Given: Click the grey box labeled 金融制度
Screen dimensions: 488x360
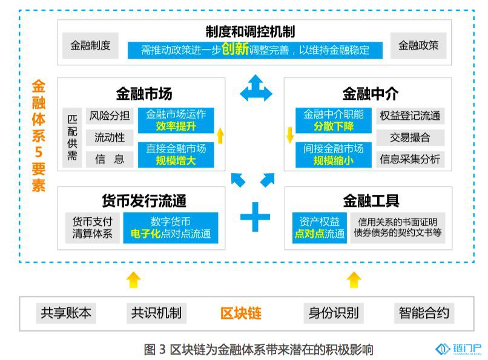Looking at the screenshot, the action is tap(90, 45).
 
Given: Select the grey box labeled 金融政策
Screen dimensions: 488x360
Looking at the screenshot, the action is tap(418, 45).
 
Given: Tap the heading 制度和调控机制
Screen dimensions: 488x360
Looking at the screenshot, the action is tap(250, 31).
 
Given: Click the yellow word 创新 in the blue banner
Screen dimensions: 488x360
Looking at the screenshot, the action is tap(235, 49).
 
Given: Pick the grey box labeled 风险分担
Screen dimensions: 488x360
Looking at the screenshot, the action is tap(110, 116).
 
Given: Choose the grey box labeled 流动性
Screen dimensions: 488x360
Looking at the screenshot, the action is tap(110, 137).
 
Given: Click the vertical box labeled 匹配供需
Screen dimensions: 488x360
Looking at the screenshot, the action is tap(72, 137).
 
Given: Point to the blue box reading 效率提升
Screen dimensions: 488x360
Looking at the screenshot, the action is tap(176, 120).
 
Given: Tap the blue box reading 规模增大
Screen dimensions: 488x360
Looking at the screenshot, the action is tap(176, 154).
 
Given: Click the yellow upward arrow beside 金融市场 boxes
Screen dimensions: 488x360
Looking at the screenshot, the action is tap(220, 136).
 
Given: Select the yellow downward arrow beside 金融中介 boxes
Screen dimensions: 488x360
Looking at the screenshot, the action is tap(290, 135).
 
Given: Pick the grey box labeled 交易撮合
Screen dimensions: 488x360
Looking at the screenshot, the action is tap(410, 137).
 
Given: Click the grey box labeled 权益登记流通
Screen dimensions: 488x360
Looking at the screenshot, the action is tap(410, 116).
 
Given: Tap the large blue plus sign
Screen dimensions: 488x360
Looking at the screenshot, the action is tap(255, 217).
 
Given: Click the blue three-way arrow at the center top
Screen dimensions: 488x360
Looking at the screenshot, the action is tap(256, 88).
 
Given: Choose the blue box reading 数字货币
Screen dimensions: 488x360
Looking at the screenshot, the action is tap(171, 227).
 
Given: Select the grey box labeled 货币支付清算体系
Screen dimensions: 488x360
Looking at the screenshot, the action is tap(93, 227).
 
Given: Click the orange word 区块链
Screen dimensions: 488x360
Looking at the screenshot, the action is tap(240, 313).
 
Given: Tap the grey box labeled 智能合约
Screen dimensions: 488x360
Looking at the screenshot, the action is tap(424, 313).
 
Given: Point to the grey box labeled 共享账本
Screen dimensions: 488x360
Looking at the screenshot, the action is tap(66, 313).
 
